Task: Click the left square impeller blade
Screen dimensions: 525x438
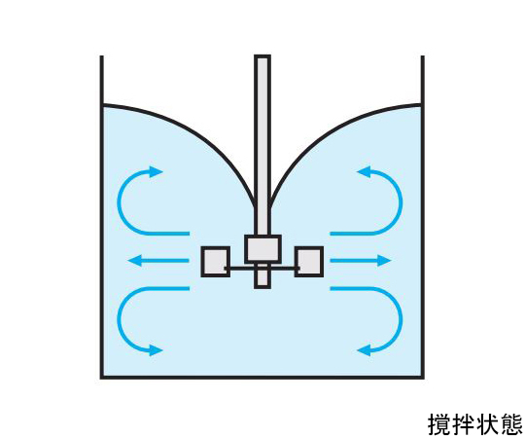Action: (215, 262)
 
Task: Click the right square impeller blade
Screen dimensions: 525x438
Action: (309, 262)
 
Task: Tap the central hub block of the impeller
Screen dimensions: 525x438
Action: (262, 249)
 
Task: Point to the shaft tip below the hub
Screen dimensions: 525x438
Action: (262, 275)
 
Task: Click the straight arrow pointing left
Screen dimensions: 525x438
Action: (158, 261)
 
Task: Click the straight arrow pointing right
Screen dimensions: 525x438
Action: (361, 261)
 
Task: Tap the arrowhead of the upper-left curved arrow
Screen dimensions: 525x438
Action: (156, 172)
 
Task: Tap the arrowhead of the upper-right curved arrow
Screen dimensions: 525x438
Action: (364, 172)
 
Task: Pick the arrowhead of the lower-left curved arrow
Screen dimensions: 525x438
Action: (156, 350)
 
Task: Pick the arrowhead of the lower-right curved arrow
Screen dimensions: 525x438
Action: (364, 350)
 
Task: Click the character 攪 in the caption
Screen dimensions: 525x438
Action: (439, 424)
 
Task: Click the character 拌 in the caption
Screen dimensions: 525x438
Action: (463, 424)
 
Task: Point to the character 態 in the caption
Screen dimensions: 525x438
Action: (510, 424)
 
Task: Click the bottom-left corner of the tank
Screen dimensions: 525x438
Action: (101, 378)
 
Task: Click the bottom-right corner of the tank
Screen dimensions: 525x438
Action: (423, 378)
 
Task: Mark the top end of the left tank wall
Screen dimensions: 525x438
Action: (101, 55)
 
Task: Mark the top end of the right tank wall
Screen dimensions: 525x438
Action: (423, 55)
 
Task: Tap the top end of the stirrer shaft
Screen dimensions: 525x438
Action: (262, 55)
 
